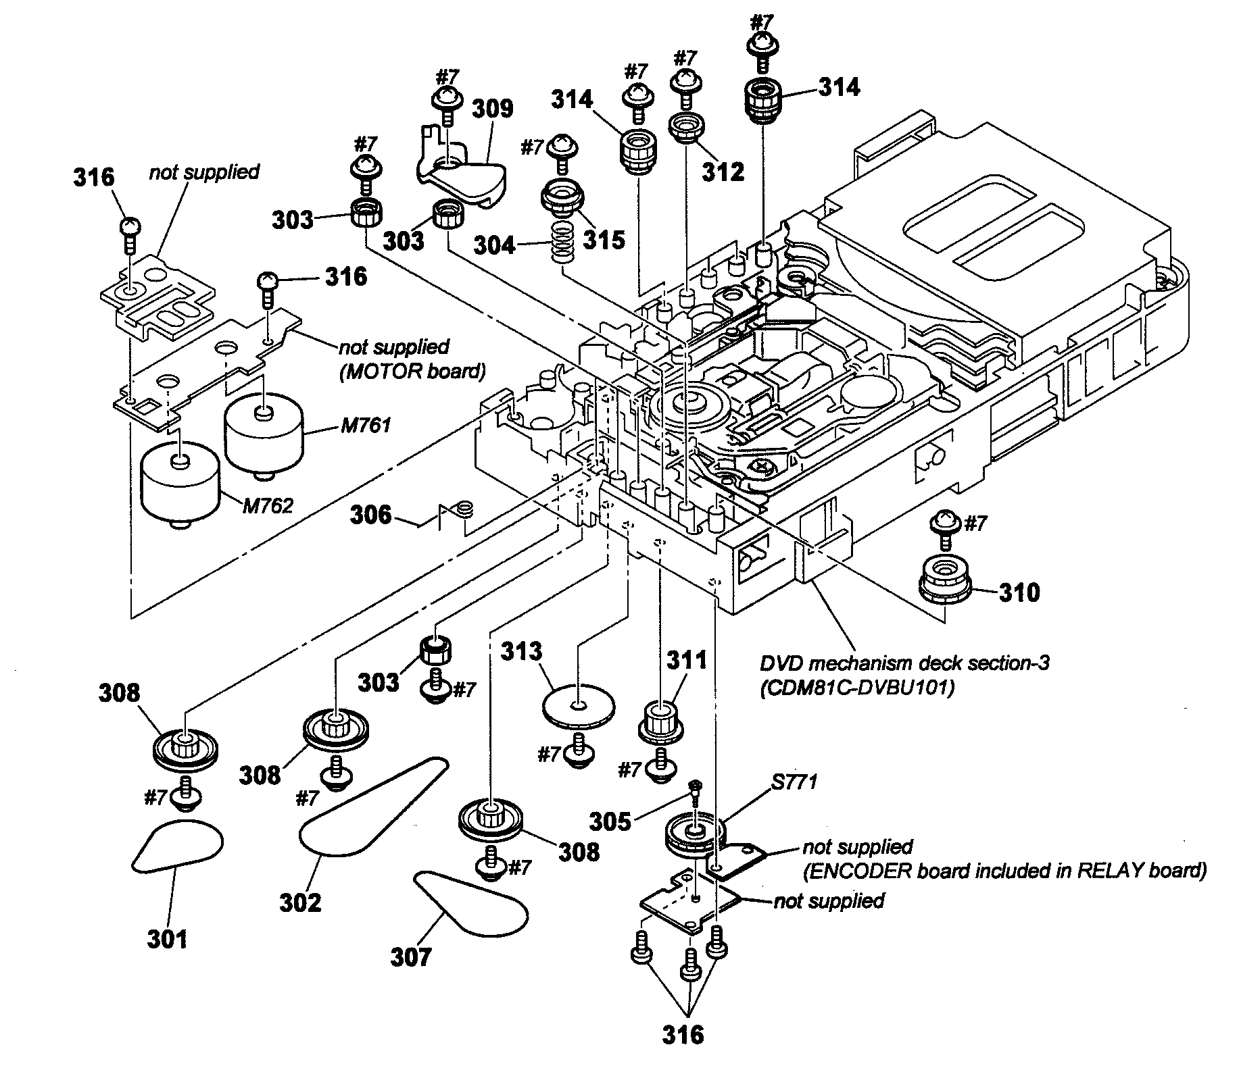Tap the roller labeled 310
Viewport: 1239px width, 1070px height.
[x=946, y=580]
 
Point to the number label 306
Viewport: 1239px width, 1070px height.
[x=371, y=515]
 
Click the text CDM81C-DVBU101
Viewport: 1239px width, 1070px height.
[x=856, y=690]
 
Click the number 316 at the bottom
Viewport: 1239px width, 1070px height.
[x=683, y=1034]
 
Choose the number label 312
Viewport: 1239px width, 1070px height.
[x=723, y=172]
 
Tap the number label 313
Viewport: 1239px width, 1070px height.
[x=521, y=651]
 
